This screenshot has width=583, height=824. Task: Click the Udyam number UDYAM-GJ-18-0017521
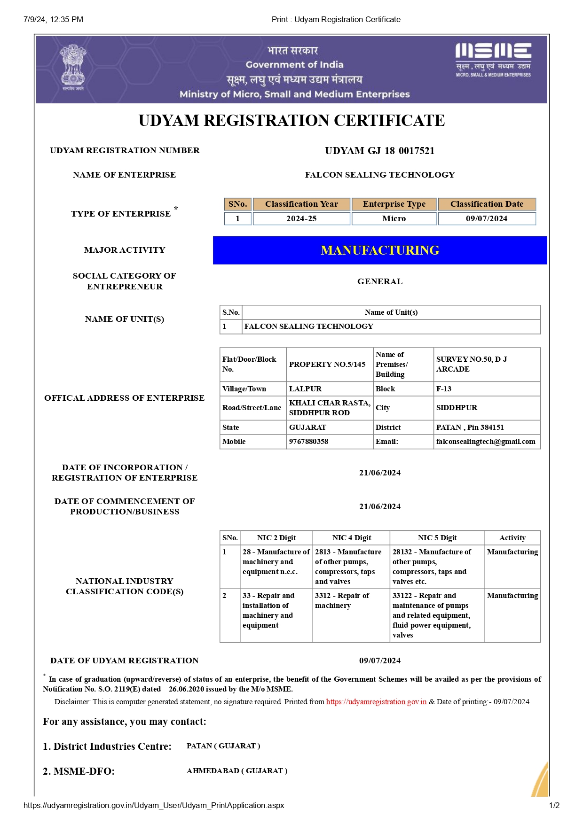[379, 151]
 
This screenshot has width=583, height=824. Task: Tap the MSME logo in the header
[493, 60]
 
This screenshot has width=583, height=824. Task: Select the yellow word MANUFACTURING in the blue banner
[380, 250]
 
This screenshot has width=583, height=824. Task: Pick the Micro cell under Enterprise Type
[394, 218]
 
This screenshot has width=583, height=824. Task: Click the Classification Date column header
[487, 204]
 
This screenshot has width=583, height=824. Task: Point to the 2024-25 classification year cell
[301, 218]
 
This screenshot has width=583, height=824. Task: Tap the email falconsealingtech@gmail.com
[486, 442]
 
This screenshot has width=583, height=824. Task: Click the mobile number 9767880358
[308, 442]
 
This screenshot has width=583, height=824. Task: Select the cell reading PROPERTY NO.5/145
[327, 365]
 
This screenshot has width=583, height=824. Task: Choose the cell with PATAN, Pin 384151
[470, 428]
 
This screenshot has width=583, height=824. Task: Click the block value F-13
[444, 389]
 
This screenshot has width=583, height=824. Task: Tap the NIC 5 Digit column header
[437, 538]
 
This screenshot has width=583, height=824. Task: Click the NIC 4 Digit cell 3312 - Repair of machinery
[342, 600]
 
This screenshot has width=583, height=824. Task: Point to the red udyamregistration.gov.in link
[376, 702]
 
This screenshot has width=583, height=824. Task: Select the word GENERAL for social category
[380, 281]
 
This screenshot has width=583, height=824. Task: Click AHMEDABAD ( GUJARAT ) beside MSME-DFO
[237, 771]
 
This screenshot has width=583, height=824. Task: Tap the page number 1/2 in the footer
[554, 805]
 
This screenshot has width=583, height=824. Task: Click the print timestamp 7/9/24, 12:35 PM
[53, 19]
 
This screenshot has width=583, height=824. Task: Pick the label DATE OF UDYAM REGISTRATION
[125, 661]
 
